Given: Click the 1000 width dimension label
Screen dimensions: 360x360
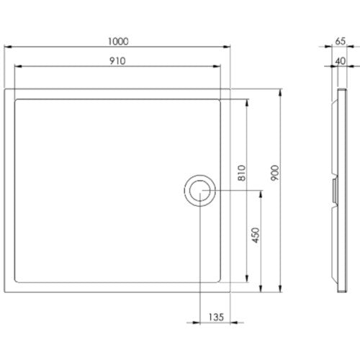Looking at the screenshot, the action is [118, 42].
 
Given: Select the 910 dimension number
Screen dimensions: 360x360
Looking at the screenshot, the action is [117, 61].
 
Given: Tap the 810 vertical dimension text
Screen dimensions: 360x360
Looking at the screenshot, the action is [242, 173].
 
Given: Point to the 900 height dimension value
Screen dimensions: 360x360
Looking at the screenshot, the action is [275, 173].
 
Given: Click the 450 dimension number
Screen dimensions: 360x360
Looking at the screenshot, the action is [256, 235].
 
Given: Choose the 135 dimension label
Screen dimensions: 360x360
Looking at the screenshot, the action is [216, 318].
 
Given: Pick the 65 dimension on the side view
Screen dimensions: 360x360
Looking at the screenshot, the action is [341, 41].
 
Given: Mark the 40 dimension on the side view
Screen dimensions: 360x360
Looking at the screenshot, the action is [341, 61].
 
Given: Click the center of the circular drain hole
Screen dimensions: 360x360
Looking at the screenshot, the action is [200, 191].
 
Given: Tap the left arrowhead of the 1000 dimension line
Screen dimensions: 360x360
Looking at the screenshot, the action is [8, 47].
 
